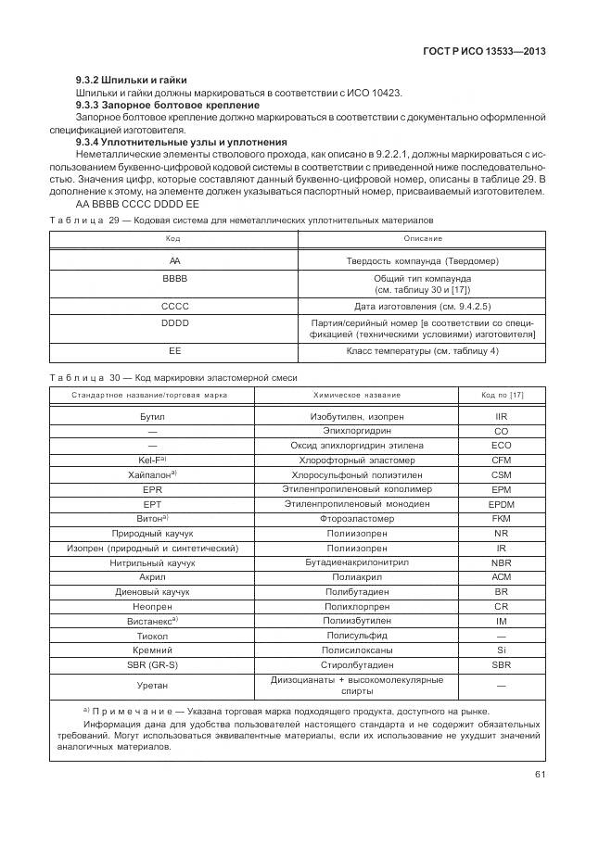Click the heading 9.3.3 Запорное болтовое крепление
coord(154,106)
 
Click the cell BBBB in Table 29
coord(174,278)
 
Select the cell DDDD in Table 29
coord(174,322)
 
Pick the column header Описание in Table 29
coord(422,239)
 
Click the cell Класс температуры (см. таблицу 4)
coord(422,351)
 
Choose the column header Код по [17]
coord(502,395)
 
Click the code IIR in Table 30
coord(502,417)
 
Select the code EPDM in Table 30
coord(502,504)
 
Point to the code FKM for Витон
coord(502,519)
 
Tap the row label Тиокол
coord(152,636)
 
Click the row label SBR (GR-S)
coord(152,664)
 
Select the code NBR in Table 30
coord(502,562)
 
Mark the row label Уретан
coord(152,686)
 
